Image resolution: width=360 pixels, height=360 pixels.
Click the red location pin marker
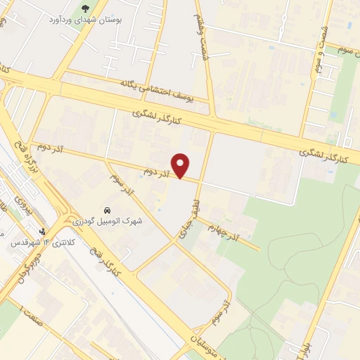click(181, 165)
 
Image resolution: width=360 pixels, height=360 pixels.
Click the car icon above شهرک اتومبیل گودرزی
click(106, 210)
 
